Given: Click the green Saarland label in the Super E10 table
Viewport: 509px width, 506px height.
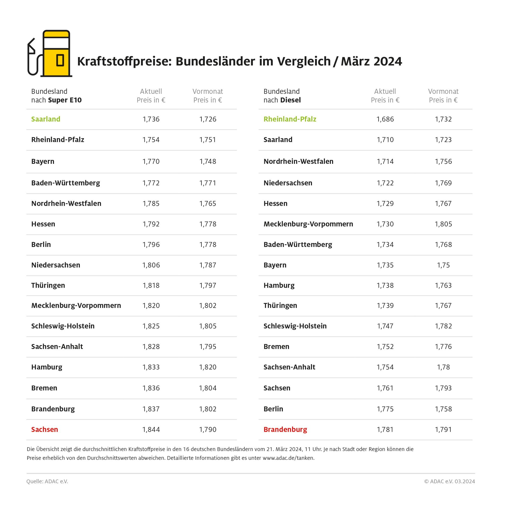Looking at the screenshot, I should pos(45,119).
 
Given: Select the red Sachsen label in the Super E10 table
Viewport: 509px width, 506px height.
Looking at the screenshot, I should pos(45,429).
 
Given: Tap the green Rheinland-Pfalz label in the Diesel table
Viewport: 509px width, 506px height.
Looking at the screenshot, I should pos(290,119).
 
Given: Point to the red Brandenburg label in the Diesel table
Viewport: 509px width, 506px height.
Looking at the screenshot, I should pos(285,429).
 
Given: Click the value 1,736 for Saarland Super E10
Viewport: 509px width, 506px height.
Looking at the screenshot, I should pos(151,119).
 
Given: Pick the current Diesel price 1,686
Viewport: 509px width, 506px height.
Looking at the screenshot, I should pos(385,119).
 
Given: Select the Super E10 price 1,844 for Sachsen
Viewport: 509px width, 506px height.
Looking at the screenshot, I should pos(151,429).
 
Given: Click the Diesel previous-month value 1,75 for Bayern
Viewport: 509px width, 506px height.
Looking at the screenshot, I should pos(443,265).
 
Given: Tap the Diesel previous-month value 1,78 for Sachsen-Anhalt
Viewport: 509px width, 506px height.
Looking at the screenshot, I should pos(443,367).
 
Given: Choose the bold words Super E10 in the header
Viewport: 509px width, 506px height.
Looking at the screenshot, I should pos(65,100).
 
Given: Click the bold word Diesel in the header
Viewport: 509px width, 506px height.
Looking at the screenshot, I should pos(290,100).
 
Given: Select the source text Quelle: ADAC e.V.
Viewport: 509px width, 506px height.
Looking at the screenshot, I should pos(47,481).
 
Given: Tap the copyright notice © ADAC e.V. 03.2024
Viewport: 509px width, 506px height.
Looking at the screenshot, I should pos(449,481).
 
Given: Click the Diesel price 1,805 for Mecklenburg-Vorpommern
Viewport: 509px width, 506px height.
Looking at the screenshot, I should pos(443,224).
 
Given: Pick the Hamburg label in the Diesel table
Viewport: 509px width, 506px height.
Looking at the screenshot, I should pos(279,285).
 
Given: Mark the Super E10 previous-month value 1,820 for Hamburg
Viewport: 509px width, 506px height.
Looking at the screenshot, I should pos(208,367).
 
